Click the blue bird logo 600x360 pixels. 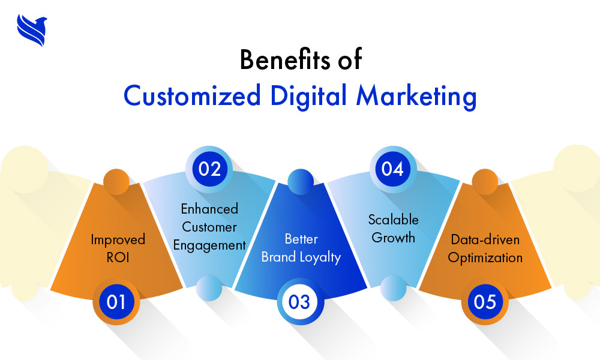point(32,30)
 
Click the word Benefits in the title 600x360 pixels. point(284,59)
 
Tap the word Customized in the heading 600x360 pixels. point(192,95)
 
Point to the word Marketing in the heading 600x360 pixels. point(416,96)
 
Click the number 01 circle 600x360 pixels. point(116,302)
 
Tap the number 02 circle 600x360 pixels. point(209,169)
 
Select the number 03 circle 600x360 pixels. point(300,302)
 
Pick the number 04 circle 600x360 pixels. point(393,169)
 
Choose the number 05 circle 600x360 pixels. point(485,302)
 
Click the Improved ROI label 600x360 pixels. point(118,248)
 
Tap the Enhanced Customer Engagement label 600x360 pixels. point(209,227)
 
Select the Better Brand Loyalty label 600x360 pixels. point(301,248)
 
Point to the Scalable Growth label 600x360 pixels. point(394,229)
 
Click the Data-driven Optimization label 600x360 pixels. point(485,248)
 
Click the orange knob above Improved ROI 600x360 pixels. point(116,182)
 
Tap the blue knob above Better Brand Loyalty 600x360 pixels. point(301,182)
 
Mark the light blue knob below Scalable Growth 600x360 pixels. point(394,288)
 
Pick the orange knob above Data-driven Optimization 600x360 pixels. point(485,182)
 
